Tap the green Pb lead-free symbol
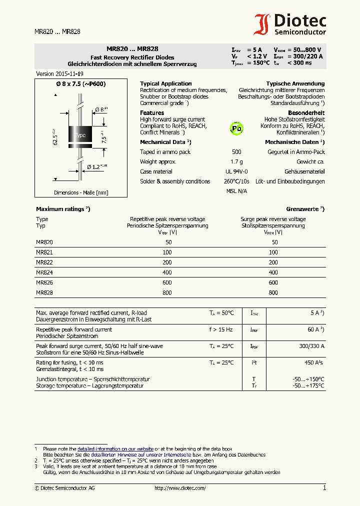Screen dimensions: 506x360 tap(236, 128)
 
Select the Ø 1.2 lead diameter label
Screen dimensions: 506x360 tap(97, 166)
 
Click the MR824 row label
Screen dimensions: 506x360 tap(44, 272)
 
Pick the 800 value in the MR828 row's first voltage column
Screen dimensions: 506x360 tap(167, 292)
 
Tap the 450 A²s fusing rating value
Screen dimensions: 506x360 tap(314, 362)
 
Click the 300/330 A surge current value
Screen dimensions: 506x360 tap(311, 346)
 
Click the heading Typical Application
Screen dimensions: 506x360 tap(165, 83)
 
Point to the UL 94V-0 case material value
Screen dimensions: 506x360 tap(236, 171)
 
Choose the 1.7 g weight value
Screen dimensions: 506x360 tap(236, 161)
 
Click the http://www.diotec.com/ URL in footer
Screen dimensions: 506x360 tap(180, 488)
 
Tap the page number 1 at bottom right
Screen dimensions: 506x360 tap(324, 487)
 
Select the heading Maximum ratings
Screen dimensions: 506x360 tap(62, 209)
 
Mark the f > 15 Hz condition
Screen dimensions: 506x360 tap(221, 329)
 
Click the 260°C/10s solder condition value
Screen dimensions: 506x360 tap(236, 181)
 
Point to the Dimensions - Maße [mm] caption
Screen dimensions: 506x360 tap(81, 192)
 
